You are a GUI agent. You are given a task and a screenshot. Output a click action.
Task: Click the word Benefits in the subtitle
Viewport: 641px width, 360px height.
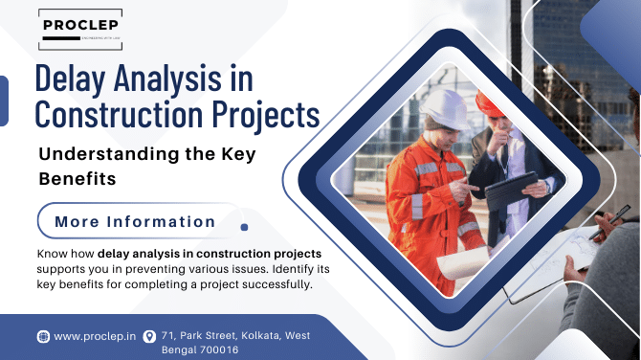pyautogui.click(x=76, y=178)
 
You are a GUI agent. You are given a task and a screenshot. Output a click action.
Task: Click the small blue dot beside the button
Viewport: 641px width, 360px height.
pyautogui.click(x=244, y=227)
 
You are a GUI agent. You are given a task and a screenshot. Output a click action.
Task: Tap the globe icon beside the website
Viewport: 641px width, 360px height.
pyautogui.click(x=43, y=336)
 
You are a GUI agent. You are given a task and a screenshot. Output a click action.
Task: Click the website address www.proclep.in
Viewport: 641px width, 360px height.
pyautogui.click(x=93, y=336)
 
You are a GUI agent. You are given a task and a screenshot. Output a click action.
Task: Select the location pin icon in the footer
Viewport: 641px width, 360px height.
pyautogui.click(x=148, y=336)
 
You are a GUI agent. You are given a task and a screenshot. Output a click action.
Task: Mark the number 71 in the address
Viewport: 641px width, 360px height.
pyautogui.click(x=168, y=335)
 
